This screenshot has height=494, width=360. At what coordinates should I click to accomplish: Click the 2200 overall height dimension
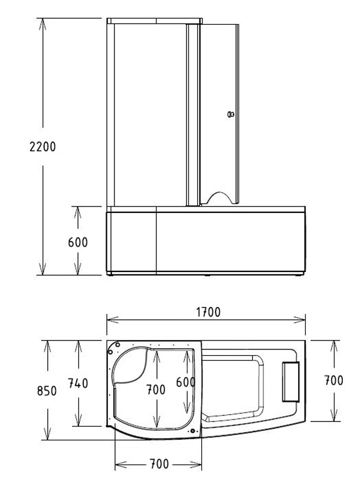point(42,147)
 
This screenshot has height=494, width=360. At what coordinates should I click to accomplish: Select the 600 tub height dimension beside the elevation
point(77,243)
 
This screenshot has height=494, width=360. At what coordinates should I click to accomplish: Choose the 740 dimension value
point(78,384)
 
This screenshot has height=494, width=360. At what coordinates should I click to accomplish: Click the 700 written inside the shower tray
point(156,389)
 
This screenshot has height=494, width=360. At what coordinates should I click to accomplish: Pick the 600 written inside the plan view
point(186,382)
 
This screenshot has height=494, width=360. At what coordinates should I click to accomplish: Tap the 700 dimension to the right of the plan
point(333,381)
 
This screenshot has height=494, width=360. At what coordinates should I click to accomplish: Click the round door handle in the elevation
point(231,115)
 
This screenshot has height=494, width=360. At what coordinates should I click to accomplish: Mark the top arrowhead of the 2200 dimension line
point(42,22)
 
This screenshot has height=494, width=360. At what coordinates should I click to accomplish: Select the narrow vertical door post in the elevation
point(190,115)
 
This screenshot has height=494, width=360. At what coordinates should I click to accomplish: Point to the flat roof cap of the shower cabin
point(155,21)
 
